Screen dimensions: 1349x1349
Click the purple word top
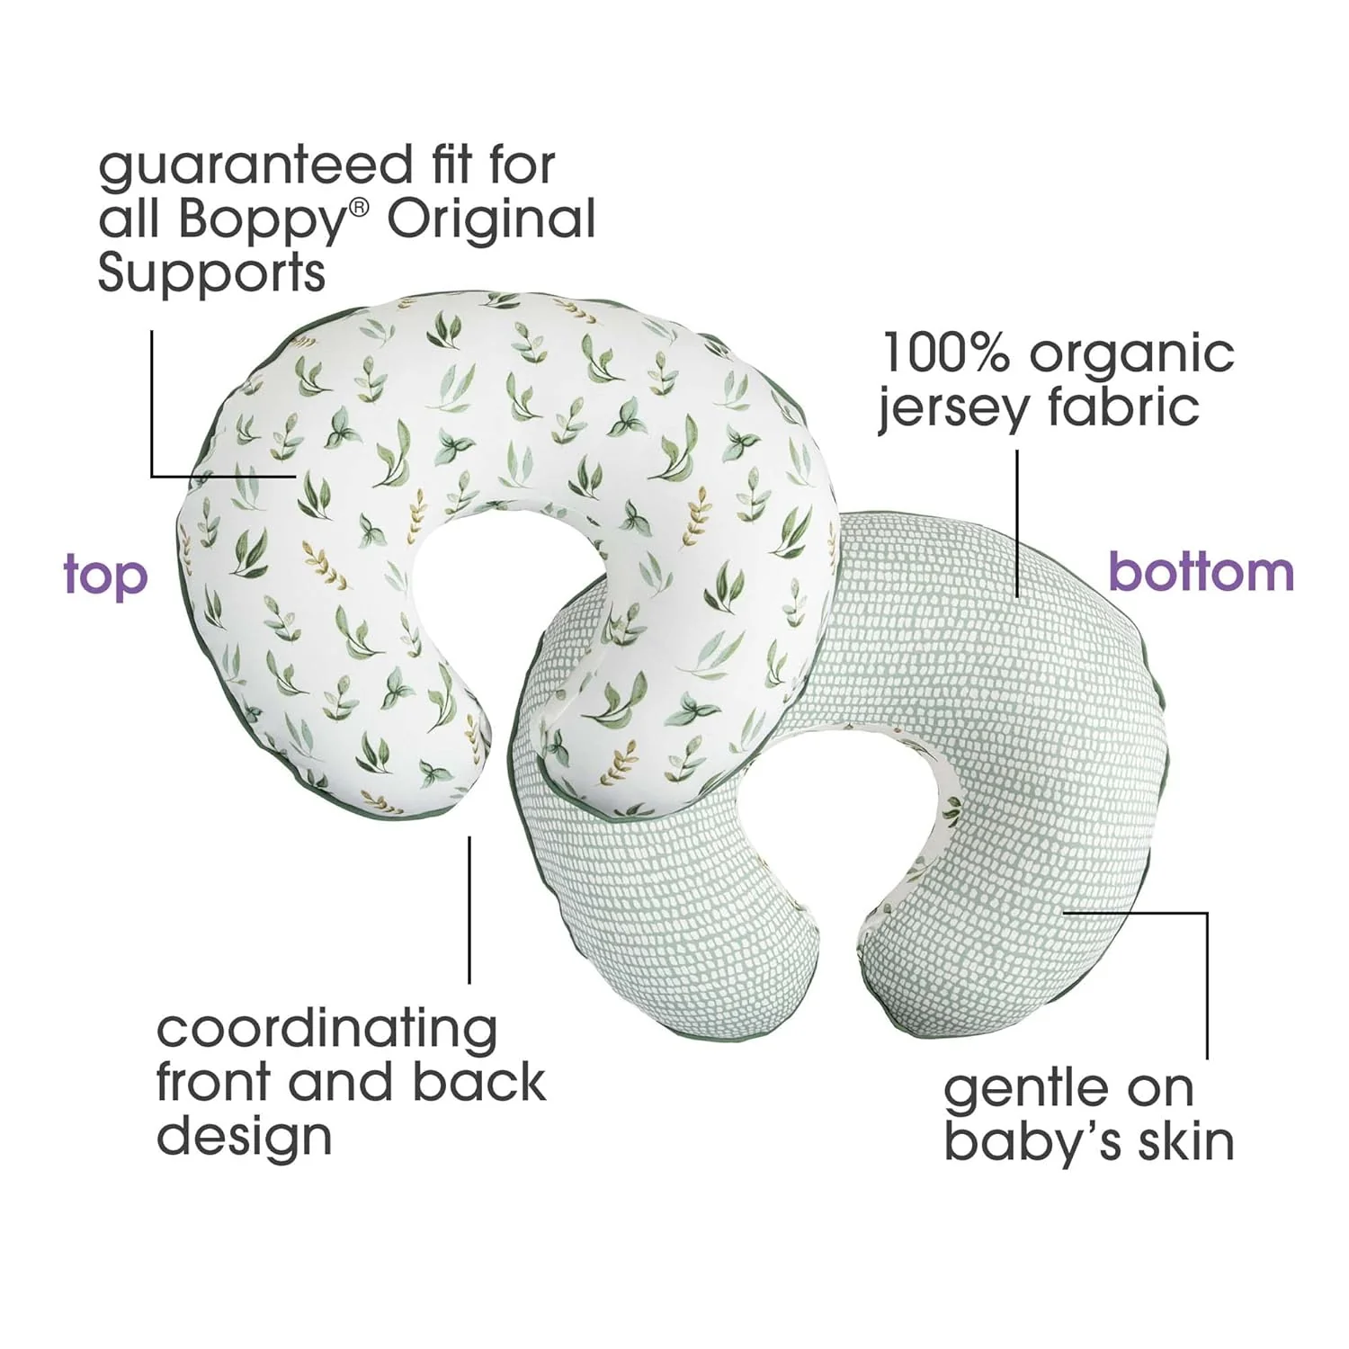[105, 576]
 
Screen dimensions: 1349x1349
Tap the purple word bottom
[1201, 572]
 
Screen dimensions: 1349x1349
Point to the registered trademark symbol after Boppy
[359, 208]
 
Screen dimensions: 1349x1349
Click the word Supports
[211, 272]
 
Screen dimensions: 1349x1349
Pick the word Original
[492, 219]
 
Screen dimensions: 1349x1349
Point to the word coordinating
[326, 1031]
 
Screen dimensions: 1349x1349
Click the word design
[244, 1136]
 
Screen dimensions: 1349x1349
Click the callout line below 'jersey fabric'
[1017, 522]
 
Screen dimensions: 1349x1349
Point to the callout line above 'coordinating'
[469, 908]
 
